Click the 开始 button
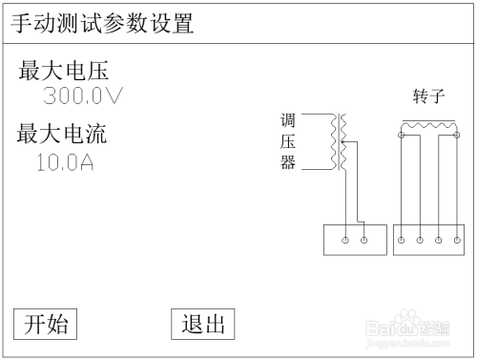[x=46, y=325]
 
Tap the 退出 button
[x=202, y=325]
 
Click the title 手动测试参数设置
[x=102, y=24]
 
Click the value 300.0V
[x=84, y=96]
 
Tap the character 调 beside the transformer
[x=287, y=121]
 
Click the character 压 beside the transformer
[x=287, y=142]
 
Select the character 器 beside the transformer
[x=287, y=163]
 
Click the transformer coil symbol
[x=336, y=143]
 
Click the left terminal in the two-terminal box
[x=345, y=239]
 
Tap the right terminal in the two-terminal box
[x=363, y=239]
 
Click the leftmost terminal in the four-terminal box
[x=402, y=239]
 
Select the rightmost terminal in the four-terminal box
[x=456, y=239]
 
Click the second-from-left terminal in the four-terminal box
[x=420, y=239]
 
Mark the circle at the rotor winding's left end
[x=402, y=136]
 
